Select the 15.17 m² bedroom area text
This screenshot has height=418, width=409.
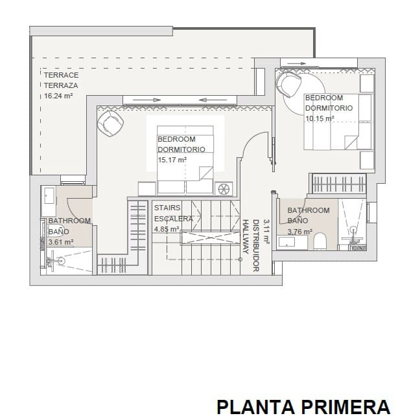click(172, 159)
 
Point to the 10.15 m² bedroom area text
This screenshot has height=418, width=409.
click(320, 118)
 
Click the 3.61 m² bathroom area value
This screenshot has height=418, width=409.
click(61, 243)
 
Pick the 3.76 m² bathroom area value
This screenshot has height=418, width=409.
click(300, 232)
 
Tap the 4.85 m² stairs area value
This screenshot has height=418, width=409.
click(167, 228)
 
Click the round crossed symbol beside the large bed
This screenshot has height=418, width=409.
click(224, 188)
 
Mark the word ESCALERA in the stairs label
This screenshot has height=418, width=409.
click(173, 219)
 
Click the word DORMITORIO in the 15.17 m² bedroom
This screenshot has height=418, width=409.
click(181, 149)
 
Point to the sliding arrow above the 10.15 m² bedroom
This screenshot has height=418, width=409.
click(294, 63)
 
